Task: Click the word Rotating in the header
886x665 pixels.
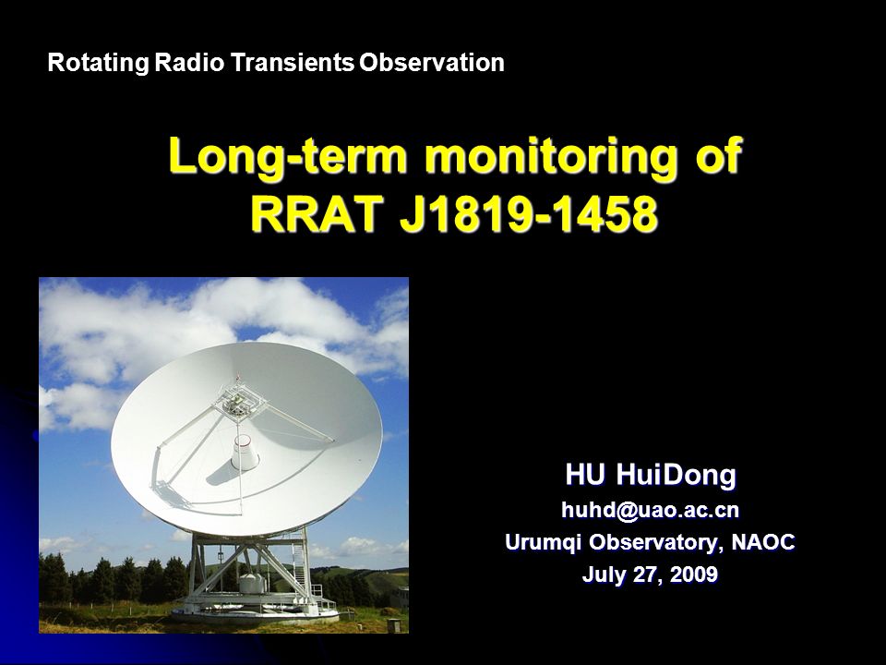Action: click(99, 62)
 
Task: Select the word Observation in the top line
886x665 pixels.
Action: click(432, 62)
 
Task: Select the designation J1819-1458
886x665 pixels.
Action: click(529, 215)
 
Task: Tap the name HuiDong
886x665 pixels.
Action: click(676, 476)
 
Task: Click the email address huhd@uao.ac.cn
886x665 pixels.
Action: click(650, 510)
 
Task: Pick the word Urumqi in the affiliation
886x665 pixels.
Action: click(543, 542)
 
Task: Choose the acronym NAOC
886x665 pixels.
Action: click(763, 542)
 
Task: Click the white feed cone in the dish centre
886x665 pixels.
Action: click(245, 452)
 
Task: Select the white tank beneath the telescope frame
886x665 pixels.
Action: click(251, 583)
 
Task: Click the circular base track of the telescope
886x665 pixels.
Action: click(256, 613)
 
